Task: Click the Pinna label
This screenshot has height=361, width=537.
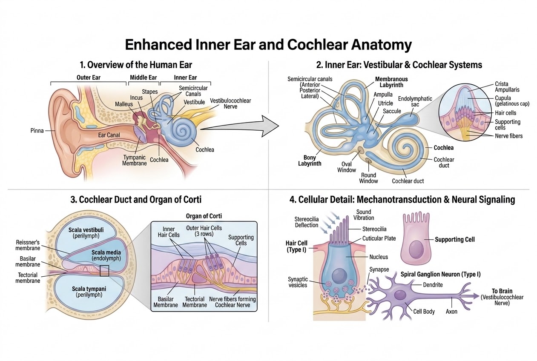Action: tap(37, 131)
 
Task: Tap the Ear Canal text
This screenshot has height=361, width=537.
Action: tap(109, 135)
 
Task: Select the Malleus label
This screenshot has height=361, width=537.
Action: tap(123, 104)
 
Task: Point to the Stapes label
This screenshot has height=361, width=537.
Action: tap(150, 92)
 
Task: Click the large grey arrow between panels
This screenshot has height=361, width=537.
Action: tap(240, 126)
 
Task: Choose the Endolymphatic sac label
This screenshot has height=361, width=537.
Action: tap(415, 101)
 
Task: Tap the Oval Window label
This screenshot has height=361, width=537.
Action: tap(347, 167)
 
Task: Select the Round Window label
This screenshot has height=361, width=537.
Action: tap(368, 178)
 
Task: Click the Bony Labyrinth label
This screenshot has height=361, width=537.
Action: tap(310, 160)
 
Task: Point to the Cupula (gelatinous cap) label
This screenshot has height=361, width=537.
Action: tap(512, 101)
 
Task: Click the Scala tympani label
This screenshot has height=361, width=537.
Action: tap(89, 292)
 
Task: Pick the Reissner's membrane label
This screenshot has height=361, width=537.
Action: tap(28, 245)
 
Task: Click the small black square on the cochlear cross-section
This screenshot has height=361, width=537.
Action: tap(104, 271)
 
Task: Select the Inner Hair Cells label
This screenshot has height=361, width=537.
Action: tap(169, 232)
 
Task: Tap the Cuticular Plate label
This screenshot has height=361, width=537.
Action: tap(379, 238)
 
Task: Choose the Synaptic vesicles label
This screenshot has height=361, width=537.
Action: tap(298, 282)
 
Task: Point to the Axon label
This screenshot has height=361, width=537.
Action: tap(451, 311)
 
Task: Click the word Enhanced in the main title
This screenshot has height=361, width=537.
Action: tap(159, 45)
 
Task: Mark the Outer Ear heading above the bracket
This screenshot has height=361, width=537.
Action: tap(89, 77)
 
